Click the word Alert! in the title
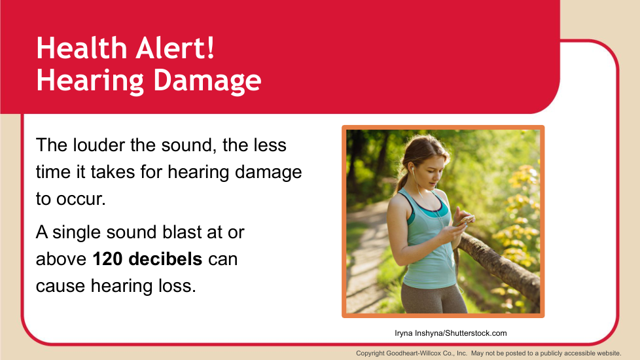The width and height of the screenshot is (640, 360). coord(175,48)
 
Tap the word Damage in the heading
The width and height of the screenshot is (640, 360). coord(207,81)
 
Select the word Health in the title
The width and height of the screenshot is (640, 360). coord(82,48)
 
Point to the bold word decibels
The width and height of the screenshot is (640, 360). coord(166,259)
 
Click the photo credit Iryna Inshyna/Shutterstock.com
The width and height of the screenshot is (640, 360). coord(451,333)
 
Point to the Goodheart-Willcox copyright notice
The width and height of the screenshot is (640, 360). coord(489,353)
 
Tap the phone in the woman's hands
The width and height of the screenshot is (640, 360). coord(466,221)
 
